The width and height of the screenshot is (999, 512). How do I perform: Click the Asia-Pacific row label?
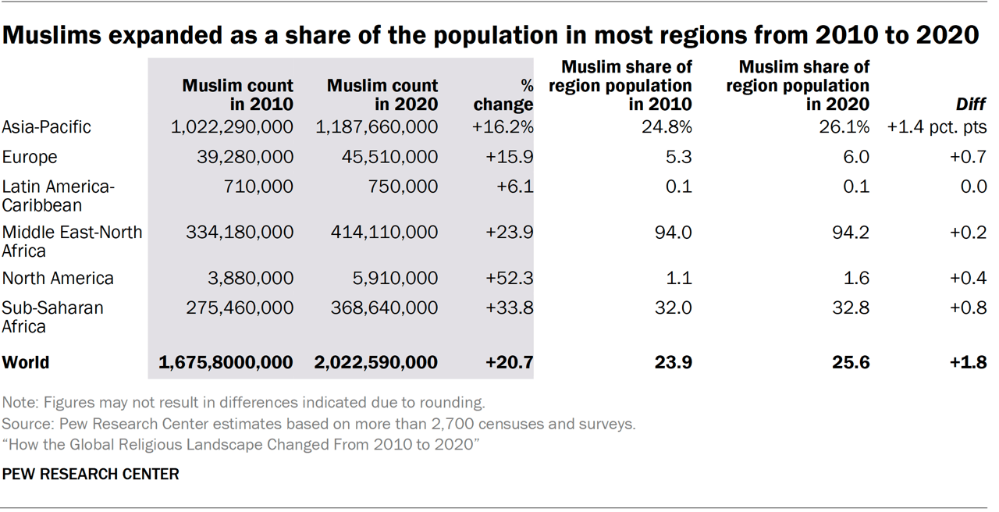[46, 126]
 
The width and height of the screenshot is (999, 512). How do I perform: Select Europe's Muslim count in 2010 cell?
[244, 157]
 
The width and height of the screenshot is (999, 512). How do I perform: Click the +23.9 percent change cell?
[509, 233]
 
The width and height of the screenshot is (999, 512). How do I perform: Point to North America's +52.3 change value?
[509, 278]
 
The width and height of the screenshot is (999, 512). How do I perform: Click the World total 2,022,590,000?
[375, 362]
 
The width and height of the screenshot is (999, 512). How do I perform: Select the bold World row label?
[26, 362]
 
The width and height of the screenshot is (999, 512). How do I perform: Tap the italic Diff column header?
[971, 104]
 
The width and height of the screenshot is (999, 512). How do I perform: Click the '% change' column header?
[504, 94]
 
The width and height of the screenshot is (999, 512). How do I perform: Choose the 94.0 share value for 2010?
[674, 233]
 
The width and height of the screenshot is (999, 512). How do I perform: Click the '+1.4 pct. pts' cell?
[937, 126]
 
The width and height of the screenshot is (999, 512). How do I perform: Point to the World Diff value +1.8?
[969, 362]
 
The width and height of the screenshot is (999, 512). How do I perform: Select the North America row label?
[58, 278]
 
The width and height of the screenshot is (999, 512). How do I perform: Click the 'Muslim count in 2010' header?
[237, 94]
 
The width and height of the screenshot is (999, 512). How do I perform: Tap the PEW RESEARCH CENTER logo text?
[91, 474]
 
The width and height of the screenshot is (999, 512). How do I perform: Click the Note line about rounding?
[244, 403]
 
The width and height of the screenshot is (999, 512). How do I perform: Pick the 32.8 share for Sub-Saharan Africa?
[851, 308]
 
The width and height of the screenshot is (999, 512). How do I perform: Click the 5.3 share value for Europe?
[679, 157]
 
